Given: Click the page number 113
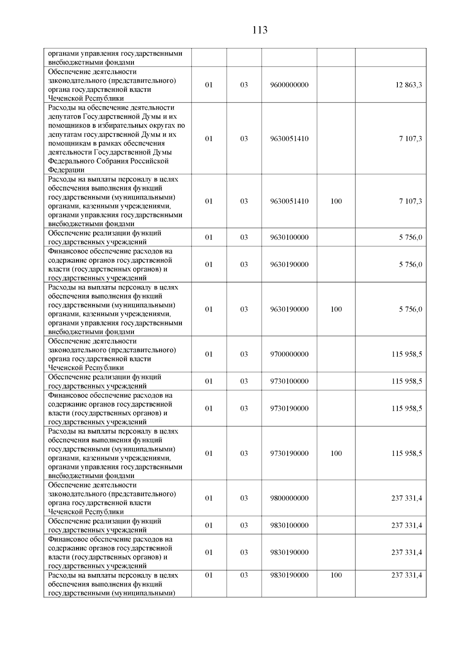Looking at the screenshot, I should (260, 30).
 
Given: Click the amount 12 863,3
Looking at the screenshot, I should (409, 85).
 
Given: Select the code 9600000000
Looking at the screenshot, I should (289, 85).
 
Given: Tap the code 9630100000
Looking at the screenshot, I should (289, 237).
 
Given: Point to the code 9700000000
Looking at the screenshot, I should (289, 355).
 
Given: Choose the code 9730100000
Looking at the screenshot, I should (289, 381).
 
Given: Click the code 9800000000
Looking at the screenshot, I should (289, 498).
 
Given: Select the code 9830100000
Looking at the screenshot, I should (289, 525).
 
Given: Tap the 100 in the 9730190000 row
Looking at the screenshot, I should (336, 454).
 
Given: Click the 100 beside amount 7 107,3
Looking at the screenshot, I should (336, 202).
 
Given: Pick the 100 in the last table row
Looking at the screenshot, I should (336, 576).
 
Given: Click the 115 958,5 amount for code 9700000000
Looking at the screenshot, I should (407, 355).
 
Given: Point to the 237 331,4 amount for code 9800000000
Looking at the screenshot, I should (407, 498).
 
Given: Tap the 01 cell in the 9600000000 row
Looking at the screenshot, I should (209, 85).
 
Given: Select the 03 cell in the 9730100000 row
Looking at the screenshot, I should (244, 381).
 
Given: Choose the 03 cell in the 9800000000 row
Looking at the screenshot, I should (244, 498).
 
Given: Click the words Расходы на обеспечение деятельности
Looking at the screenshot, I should (111, 107).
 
